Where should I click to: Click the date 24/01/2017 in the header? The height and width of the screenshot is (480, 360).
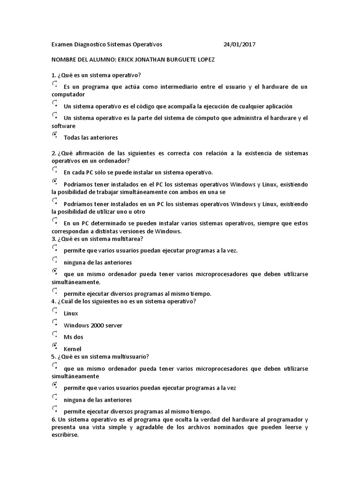point(240,45)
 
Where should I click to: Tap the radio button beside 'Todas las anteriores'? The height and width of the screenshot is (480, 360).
point(55,135)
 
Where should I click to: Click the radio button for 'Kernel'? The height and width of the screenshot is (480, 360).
point(55,346)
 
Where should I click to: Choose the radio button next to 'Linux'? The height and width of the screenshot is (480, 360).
point(55,310)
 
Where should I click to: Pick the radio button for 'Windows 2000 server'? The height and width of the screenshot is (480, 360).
point(55,322)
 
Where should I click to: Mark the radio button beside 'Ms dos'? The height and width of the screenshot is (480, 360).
point(55,335)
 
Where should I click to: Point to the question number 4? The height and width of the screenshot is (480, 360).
point(53,301)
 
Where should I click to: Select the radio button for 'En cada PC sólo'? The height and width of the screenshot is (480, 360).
point(55,170)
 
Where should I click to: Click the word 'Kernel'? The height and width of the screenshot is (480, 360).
point(72,349)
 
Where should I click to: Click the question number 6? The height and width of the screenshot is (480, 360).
point(53,419)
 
